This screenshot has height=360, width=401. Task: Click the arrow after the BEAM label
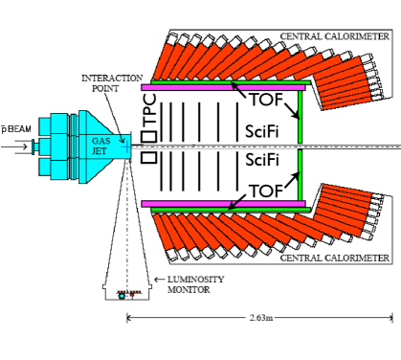(18, 147)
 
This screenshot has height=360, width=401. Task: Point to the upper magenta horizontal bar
(229, 86)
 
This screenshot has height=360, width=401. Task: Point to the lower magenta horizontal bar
(229, 204)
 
